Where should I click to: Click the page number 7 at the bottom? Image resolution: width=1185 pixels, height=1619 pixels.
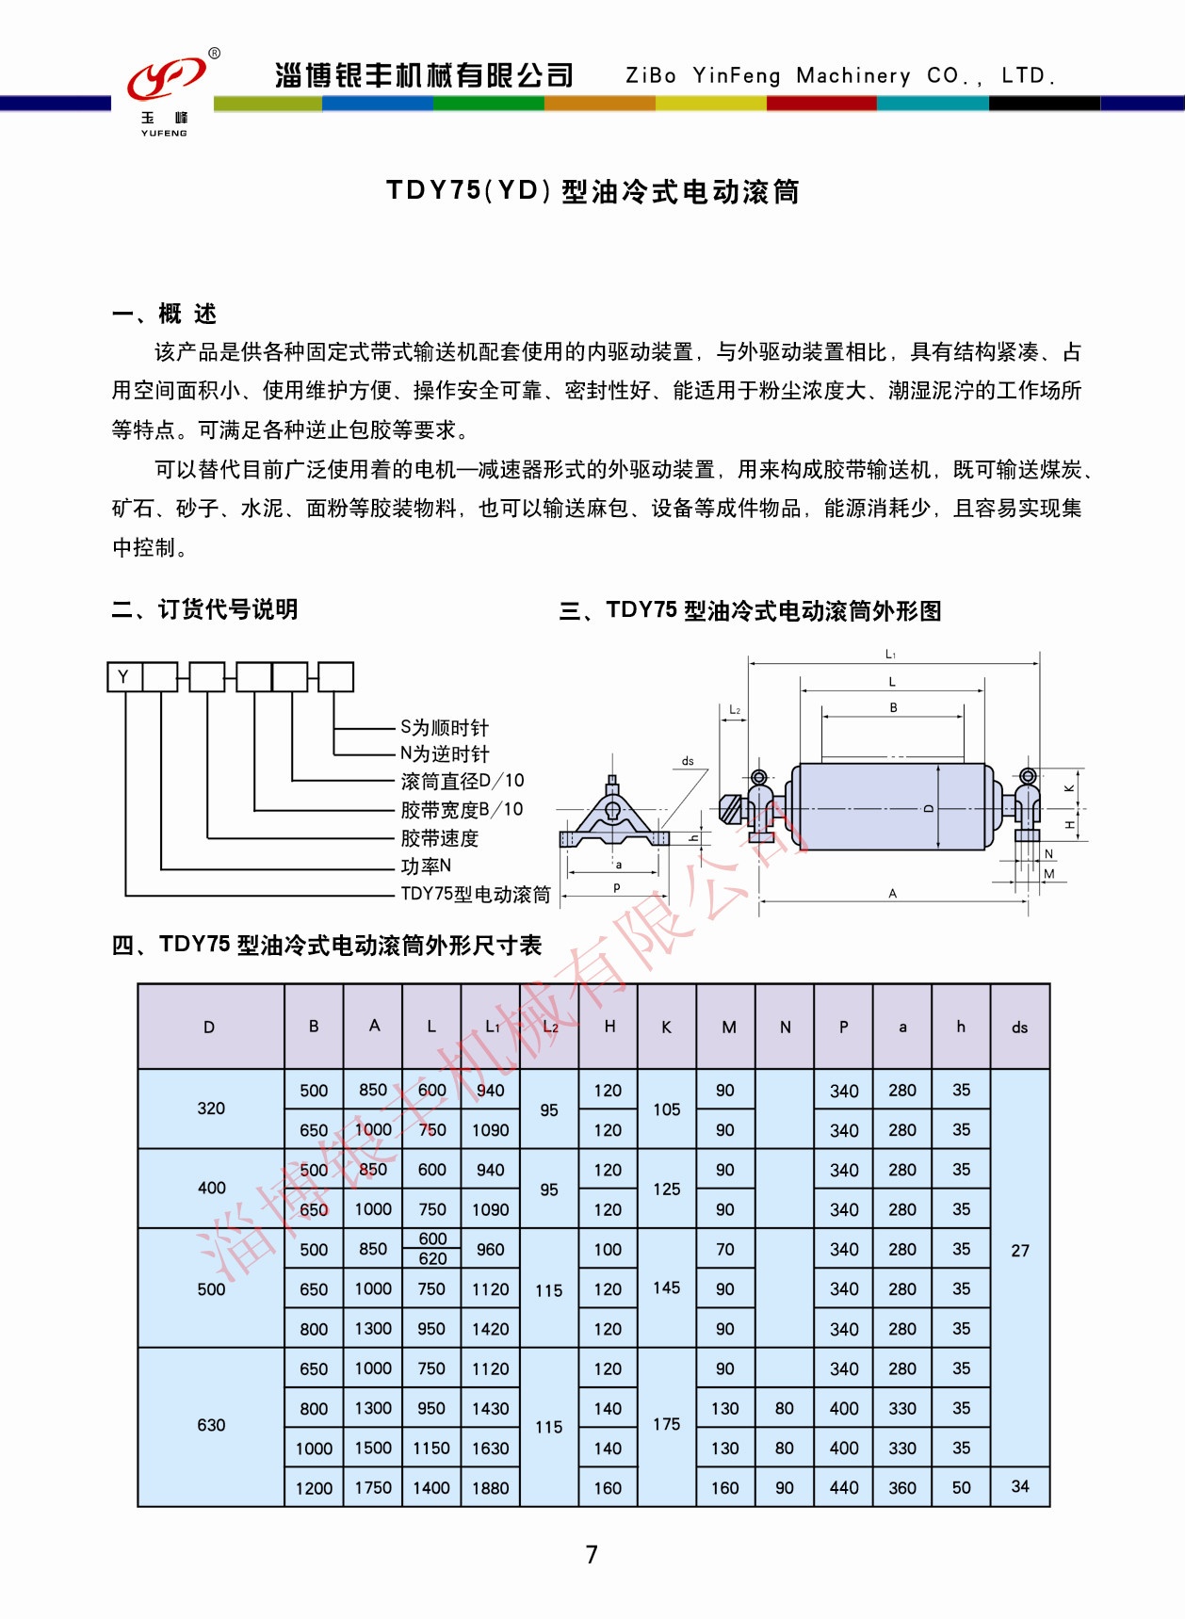tap(592, 1554)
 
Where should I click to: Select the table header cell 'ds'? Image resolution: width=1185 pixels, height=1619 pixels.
tap(1020, 1027)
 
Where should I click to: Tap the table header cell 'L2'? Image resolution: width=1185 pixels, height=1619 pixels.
tap(550, 1027)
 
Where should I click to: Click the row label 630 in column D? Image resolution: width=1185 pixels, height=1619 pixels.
tap(211, 1425)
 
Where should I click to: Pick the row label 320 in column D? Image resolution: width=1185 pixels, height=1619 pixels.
tap(211, 1109)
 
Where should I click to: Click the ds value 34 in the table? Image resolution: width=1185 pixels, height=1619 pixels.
tap(1020, 1486)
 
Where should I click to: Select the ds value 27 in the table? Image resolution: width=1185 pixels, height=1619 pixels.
tap(1020, 1251)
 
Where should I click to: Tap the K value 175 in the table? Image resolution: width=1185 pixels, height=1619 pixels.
tap(667, 1424)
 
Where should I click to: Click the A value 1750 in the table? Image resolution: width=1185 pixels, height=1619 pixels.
tap(373, 1487)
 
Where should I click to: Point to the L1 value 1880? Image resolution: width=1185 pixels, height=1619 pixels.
tap(491, 1488)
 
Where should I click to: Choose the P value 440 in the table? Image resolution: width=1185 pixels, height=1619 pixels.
tap(844, 1488)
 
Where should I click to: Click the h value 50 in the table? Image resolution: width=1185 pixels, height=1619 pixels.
tap(961, 1487)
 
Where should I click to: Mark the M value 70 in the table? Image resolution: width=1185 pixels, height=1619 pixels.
tap(725, 1250)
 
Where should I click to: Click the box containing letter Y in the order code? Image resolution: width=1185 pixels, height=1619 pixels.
tap(124, 677)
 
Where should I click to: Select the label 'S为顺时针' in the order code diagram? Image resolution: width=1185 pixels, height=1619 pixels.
tap(445, 728)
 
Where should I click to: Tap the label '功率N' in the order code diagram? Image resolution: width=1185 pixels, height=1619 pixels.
tap(426, 866)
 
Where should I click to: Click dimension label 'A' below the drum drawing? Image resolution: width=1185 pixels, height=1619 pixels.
tap(893, 893)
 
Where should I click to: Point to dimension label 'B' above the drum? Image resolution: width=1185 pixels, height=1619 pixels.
tap(893, 707)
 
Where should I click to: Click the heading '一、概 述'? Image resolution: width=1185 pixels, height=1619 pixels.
tap(165, 314)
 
